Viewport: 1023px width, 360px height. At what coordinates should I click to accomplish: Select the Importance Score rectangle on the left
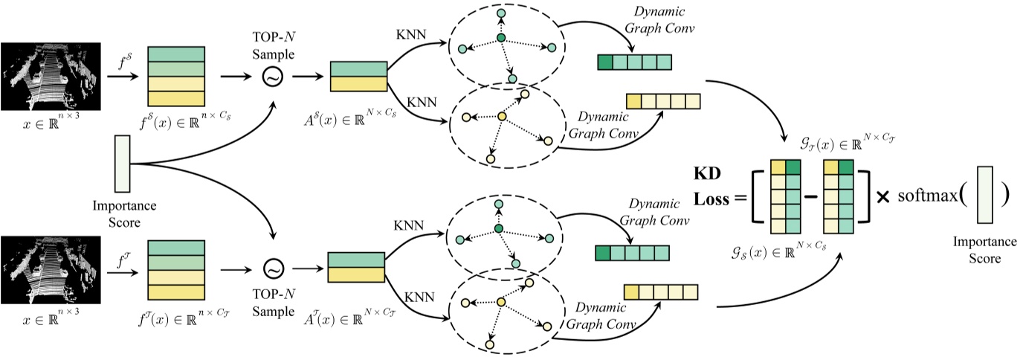(123, 164)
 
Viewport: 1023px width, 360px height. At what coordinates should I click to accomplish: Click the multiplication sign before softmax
(883, 197)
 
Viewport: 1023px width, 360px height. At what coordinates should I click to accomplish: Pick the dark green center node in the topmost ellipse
(501, 38)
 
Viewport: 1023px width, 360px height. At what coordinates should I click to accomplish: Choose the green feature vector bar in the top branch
(634, 62)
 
